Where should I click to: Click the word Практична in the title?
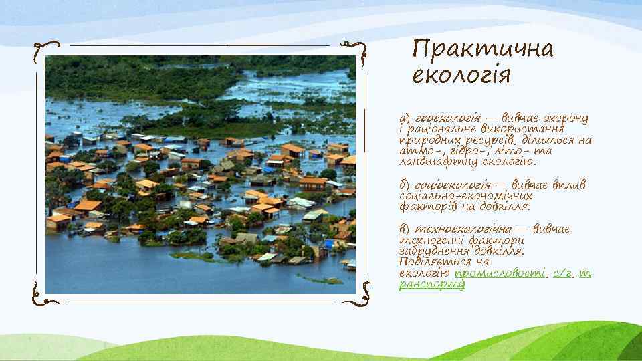pyautogui.click(x=483, y=49)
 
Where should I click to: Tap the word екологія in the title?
pyautogui.click(x=461, y=74)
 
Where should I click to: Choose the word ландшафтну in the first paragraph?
pyautogui.click(x=435, y=161)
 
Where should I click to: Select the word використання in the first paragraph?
pyautogui.click(x=526, y=129)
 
